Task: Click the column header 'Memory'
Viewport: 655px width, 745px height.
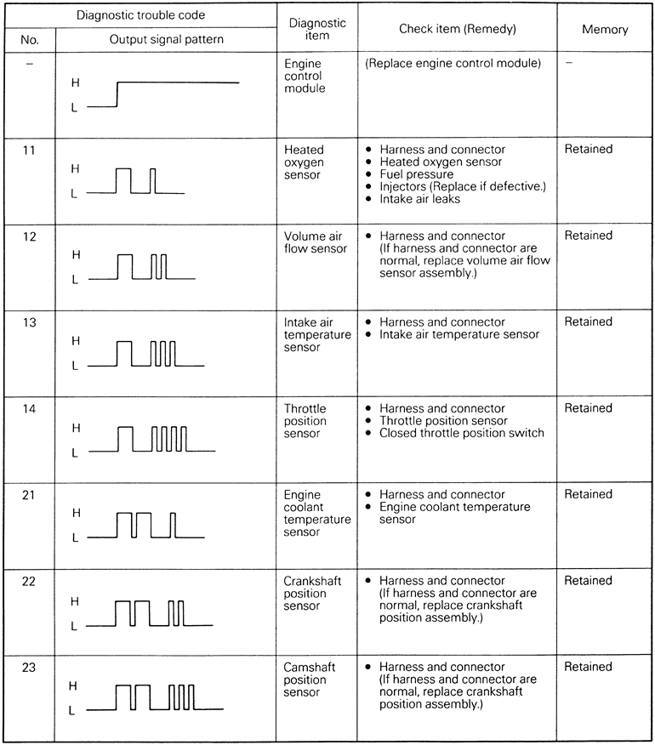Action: (605, 29)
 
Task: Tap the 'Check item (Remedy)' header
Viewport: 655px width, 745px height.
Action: (458, 29)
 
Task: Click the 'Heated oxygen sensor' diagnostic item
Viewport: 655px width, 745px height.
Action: (303, 162)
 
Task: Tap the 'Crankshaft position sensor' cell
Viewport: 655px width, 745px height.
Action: (311, 594)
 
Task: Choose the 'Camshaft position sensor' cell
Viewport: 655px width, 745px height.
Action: (310, 680)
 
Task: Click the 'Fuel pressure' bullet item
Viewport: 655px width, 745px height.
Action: (416, 174)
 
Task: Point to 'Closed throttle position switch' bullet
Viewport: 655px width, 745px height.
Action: (461, 434)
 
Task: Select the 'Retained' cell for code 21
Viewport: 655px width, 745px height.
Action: (588, 494)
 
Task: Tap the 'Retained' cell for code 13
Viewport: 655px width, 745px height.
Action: (588, 321)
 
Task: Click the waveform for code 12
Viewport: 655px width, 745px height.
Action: (143, 267)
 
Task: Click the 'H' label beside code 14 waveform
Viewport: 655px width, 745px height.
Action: (75, 428)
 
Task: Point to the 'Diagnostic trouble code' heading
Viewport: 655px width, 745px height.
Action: (140, 14)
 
